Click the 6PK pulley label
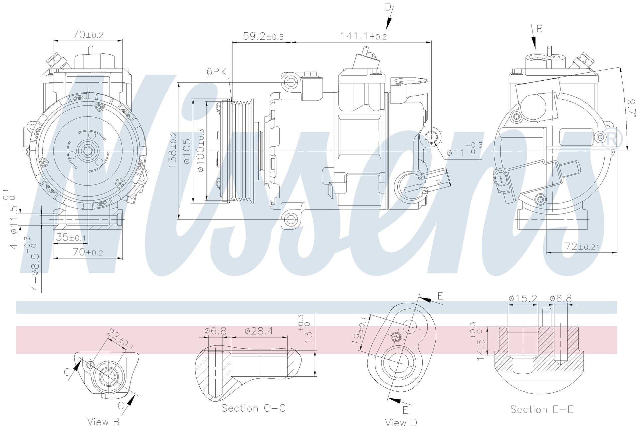216,71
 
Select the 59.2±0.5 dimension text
263,36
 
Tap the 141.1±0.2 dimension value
363,36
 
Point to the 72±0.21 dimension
582,246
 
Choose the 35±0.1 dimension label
71,237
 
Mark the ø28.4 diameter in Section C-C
259,331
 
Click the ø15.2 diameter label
523,298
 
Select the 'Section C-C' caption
254,408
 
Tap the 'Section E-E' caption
542,409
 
